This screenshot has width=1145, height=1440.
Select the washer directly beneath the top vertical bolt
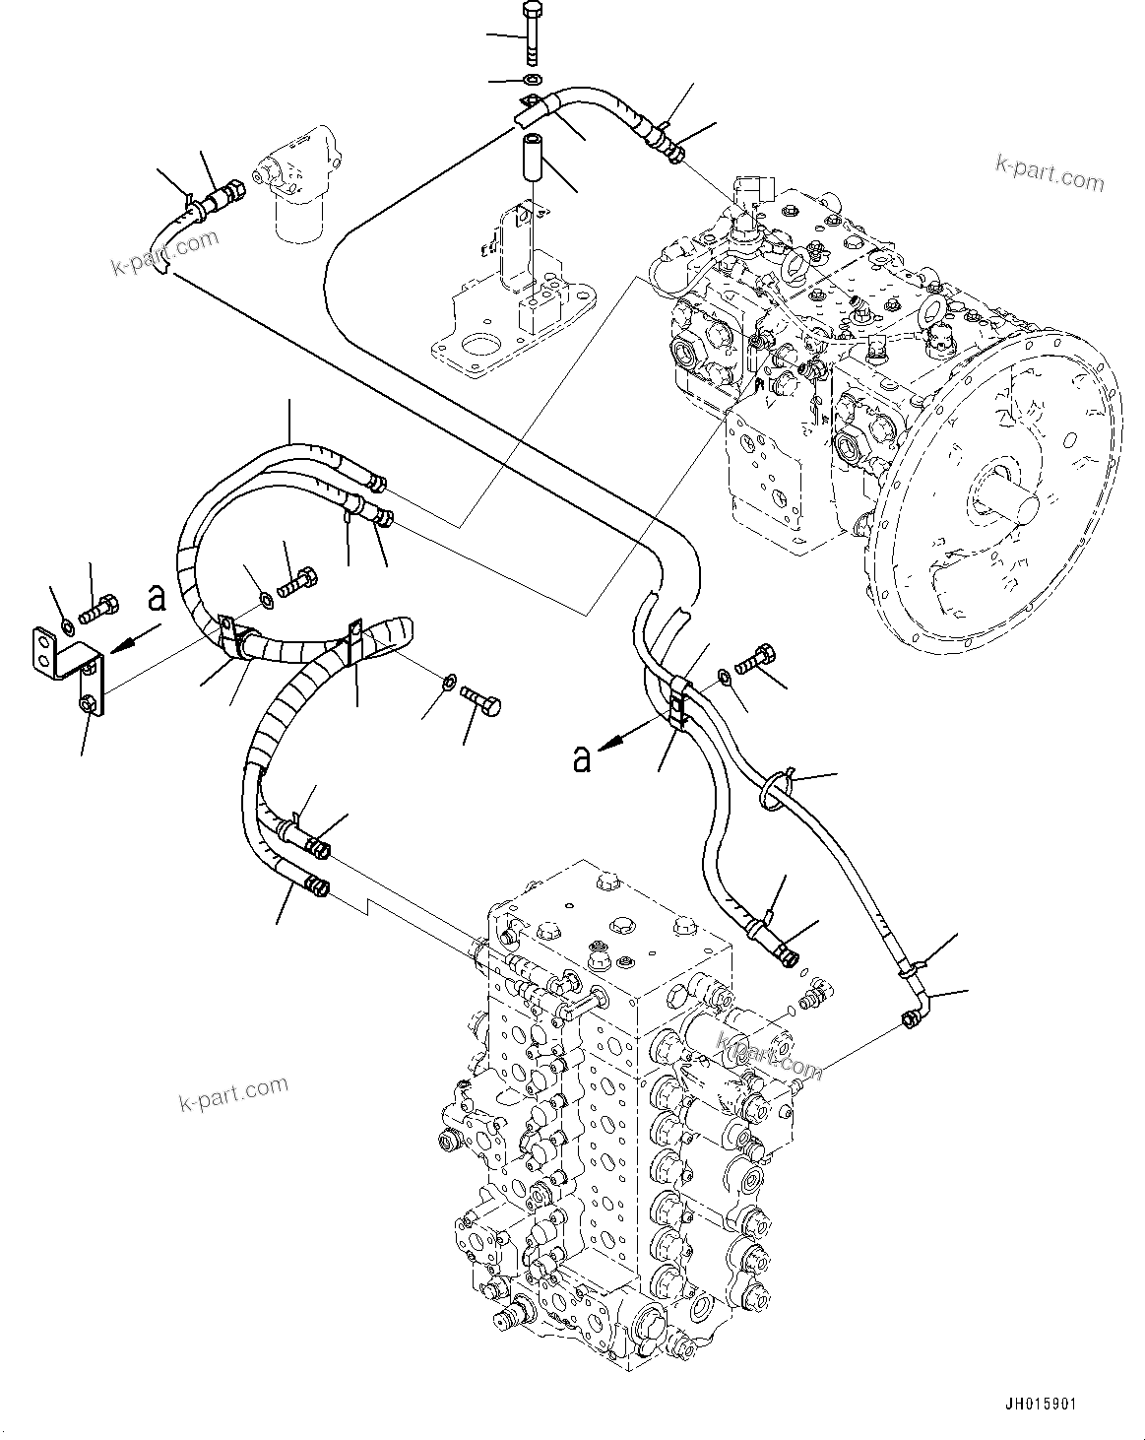point(533,79)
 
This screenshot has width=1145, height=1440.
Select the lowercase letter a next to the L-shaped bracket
point(156,598)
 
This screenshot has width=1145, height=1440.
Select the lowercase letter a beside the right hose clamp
point(582,757)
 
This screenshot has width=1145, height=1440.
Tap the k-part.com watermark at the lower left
point(233,1092)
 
